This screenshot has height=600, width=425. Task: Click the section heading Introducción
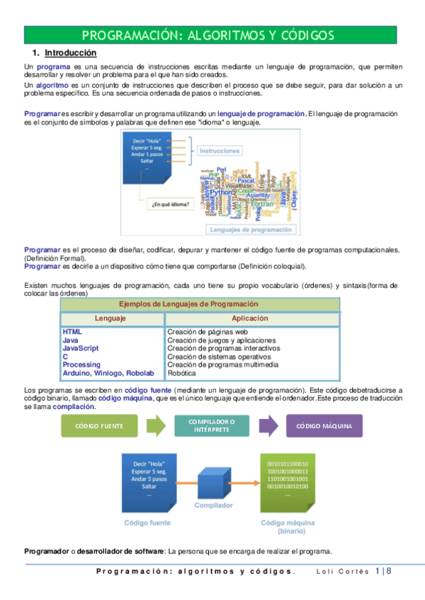tap(70, 53)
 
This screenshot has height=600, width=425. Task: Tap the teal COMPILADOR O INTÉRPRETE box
tap(212, 426)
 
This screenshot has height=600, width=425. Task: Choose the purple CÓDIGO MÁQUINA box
tap(324, 426)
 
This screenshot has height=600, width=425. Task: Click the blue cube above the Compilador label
tap(213, 484)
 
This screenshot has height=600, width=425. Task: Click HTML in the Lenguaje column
tap(72, 331)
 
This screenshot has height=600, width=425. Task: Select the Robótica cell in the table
tap(183, 373)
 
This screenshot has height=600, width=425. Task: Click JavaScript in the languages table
tap(80, 348)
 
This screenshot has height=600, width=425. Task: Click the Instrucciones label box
tap(220, 151)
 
